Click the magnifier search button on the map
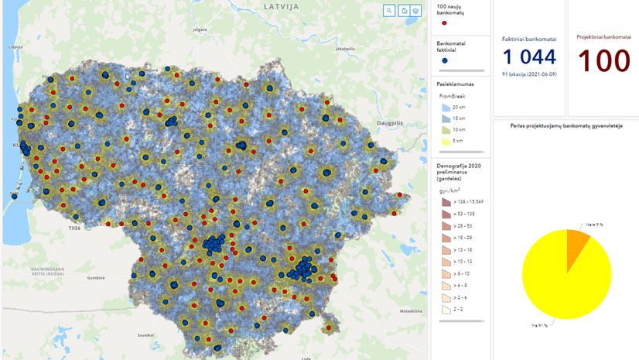(x=389, y=11)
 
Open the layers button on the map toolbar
(x=415, y=11)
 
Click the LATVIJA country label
(x=281, y=6)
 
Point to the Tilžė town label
(x=74, y=228)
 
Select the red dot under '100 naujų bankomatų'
(x=444, y=23)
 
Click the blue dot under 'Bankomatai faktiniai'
(x=444, y=60)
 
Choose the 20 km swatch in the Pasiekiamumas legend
(x=446, y=108)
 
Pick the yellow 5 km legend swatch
(x=446, y=141)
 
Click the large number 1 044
(x=529, y=57)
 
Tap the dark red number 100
(x=603, y=61)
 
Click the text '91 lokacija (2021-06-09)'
(x=529, y=74)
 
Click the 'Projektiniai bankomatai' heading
(x=603, y=36)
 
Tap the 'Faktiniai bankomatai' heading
(x=529, y=39)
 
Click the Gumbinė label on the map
(x=96, y=277)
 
